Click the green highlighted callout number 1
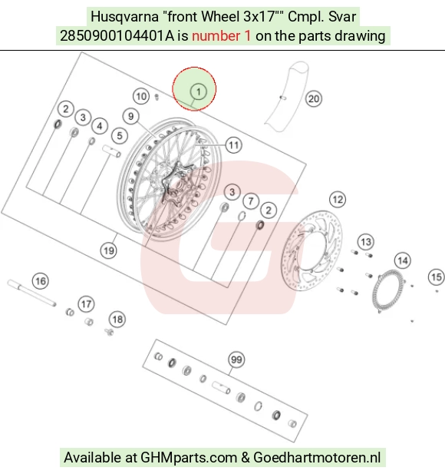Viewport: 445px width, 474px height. (x=199, y=91)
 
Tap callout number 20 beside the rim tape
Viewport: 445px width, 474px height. (x=314, y=99)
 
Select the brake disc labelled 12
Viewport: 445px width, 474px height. (x=312, y=250)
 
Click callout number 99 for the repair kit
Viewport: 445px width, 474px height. (x=236, y=360)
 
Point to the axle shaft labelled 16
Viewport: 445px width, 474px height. (x=31, y=293)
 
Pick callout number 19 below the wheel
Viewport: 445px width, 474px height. (x=109, y=250)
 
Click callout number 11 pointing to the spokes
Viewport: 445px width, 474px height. (x=234, y=145)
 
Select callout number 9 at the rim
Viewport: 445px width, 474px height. (x=130, y=116)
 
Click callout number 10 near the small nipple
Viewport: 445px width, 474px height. (x=141, y=97)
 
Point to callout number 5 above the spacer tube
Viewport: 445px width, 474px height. (x=120, y=136)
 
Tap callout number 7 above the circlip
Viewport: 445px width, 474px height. (x=251, y=201)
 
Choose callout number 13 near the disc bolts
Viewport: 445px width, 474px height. (x=366, y=242)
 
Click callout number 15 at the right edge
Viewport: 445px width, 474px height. (x=437, y=277)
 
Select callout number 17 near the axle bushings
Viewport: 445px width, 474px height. (x=87, y=304)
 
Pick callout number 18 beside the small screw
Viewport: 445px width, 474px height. (x=117, y=320)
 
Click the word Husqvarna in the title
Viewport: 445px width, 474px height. (x=124, y=17)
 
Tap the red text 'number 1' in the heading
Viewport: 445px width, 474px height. (x=221, y=36)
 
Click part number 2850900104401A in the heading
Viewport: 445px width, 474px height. (x=117, y=36)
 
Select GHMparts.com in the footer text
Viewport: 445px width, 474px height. (x=189, y=457)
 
